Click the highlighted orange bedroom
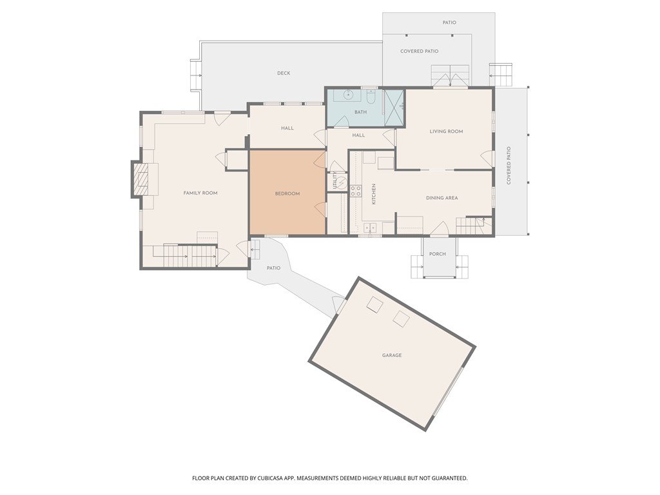click(x=287, y=192)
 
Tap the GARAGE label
click(x=392, y=355)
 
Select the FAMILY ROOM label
click(x=200, y=193)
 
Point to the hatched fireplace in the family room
click(x=141, y=180)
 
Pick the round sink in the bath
click(x=349, y=95)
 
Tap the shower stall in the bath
click(x=394, y=108)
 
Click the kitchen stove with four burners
click(x=356, y=191)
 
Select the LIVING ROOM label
click(x=446, y=131)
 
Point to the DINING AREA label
click(x=442, y=198)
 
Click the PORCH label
click(x=438, y=254)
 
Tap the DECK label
click(x=284, y=73)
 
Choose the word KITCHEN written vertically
click(x=373, y=194)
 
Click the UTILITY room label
click(x=335, y=180)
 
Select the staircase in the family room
click(x=190, y=256)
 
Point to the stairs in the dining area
click(x=471, y=226)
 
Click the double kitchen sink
click(x=370, y=228)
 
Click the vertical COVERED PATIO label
click(x=509, y=166)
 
